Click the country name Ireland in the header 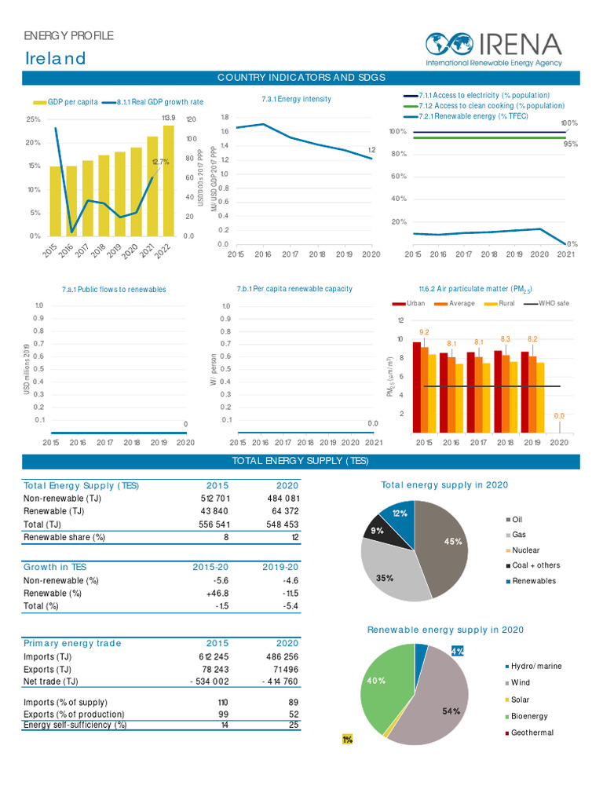pyautogui.click(x=55, y=59)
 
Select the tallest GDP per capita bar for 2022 pyautogui.click(x=168, y=181)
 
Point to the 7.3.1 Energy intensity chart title pyautogui.click(x=296, y=99)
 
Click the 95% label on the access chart pyautogui.click(x=570, y=144)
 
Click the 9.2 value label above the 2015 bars pyautogui.click(x=424, y=332)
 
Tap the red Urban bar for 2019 pyautogui.click(x=525, y=392)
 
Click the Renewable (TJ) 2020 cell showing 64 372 pyautogui.click(x=282, y=511)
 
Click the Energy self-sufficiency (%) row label pyautogui.click(x=75, y=725)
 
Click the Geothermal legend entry pyautogui.click(x=532, y=733)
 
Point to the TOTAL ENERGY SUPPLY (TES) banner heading pyautogui.click(x=301, y=461)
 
